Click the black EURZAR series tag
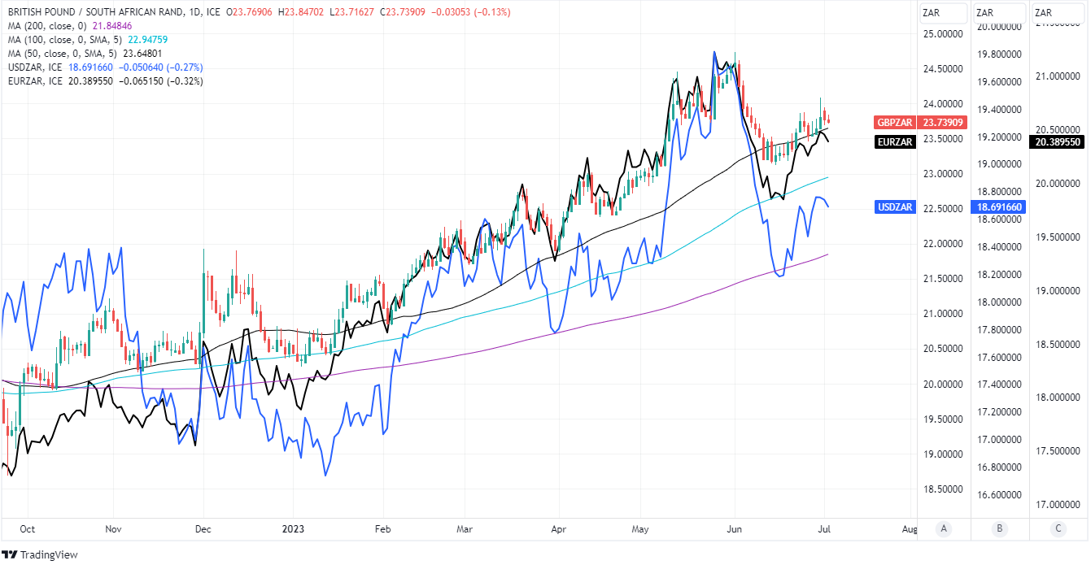[x=894, y=141]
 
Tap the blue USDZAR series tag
[x=895, y=207]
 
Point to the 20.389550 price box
[x=1057, y=141]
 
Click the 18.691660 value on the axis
[x=998, y=207]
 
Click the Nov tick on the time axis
[x=113, y=528]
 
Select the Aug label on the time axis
[x=910, y=528]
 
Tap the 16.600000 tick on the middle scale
[x=999, y=494]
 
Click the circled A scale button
[x=943, y=528]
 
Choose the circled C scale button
[x=1058, y=528]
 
